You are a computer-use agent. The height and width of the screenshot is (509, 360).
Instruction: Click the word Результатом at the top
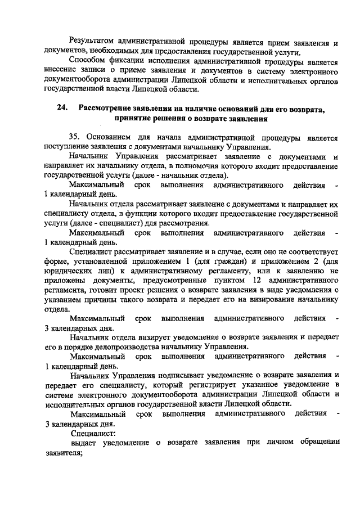pos(93,43)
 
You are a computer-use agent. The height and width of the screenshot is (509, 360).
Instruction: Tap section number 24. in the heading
pos(61,109)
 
